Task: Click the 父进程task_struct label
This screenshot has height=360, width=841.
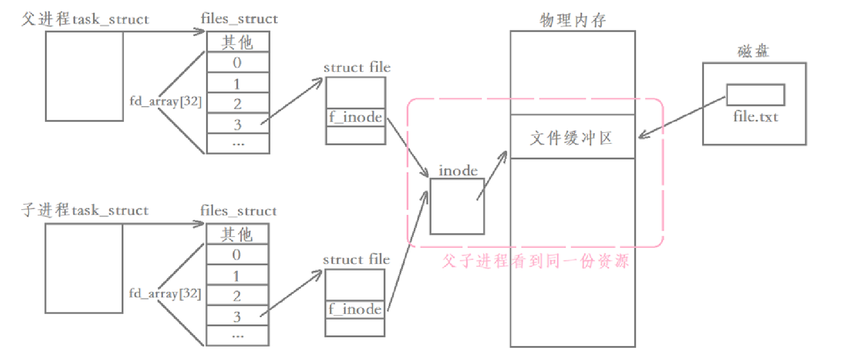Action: pos(85,20)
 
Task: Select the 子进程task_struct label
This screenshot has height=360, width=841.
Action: pos(85,210)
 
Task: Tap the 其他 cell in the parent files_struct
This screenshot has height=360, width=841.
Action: pos(237,42)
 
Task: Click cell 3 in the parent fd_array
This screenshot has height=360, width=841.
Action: pos(237,124)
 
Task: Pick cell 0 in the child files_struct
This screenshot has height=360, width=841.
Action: pos(237,254)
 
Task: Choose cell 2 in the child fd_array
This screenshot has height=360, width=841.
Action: pos(237,295)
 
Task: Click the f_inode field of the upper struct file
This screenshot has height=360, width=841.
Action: pos(356,117)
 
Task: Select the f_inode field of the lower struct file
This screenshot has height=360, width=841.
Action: pos(355,309)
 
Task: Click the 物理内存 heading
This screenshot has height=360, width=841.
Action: pos(573,20)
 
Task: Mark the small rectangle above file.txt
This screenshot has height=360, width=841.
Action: pos(755,95)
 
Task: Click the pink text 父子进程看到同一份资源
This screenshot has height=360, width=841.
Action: pos(535,262)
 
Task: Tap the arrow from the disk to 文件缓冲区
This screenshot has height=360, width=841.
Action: pos(681,117)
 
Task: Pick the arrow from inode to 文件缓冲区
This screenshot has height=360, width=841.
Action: pos(492,175)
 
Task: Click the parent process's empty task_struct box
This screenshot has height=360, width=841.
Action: pos(84,76)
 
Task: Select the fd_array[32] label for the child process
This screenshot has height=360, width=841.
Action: pos(165,294)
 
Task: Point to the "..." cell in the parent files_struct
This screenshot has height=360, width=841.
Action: pos(237,143)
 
